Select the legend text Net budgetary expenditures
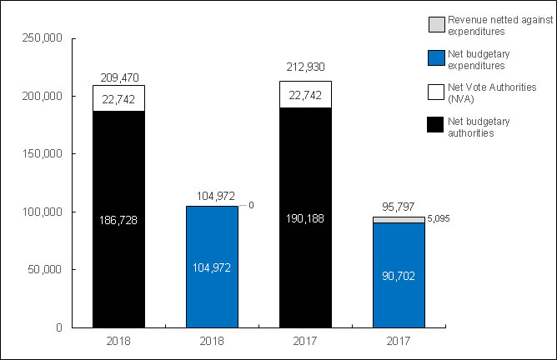click(479, 62)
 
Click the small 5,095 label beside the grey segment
click(439, 220)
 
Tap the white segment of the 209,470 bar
click(118, 98)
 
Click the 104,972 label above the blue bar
click(212, 196)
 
